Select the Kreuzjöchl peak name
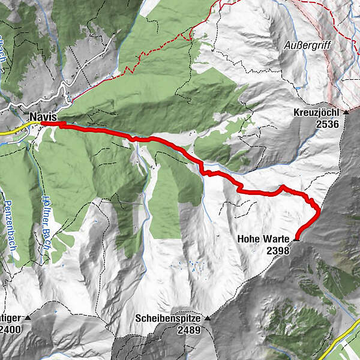click(317, 113)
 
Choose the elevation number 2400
click(11, 330)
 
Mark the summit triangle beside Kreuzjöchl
click(346, 113)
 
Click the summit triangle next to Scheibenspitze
click(207, 319)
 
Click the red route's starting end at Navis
click(42, 124)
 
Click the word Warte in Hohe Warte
click(279, 239)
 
